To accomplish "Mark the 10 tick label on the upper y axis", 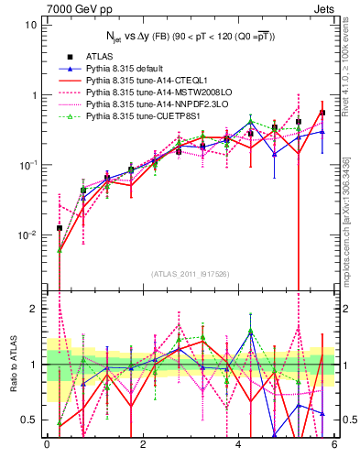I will [30, 25].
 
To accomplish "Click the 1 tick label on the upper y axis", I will [33, 95].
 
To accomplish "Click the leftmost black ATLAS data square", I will [60, 227].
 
